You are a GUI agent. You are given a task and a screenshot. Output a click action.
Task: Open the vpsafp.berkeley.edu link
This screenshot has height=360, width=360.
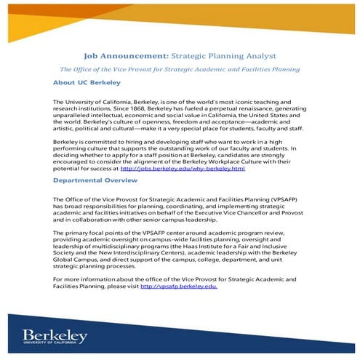coord(178,287)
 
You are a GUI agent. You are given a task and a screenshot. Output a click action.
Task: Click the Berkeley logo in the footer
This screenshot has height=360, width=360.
coord(55,335)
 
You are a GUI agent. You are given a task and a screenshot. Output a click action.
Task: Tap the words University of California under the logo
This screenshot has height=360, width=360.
coord(55,345)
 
